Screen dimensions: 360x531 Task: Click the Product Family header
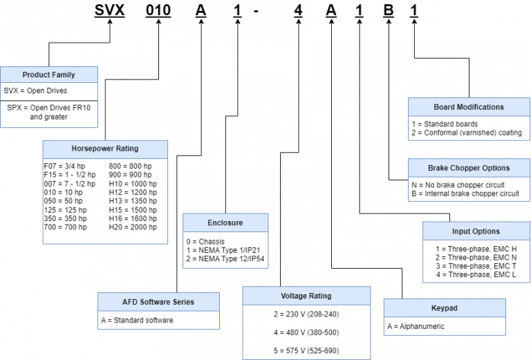(48, 75)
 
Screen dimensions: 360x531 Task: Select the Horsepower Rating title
(105, 149)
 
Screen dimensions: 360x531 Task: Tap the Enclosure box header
(225, 222)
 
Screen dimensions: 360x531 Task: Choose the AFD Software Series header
(158, 302)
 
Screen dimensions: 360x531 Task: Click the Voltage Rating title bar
(306, 296)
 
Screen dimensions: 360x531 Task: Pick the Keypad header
(445, 308)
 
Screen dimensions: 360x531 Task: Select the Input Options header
(476, 231)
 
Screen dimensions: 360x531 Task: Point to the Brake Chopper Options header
(469, 168)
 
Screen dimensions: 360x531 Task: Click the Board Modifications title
(469, 107)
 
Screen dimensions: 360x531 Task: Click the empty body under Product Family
(48, 105)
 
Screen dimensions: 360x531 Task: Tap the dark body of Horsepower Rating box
(105, 201)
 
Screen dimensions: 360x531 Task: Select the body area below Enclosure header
(225, 249)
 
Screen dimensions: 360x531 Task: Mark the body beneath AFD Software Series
(158, 320)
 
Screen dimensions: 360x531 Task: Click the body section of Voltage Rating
(306, 332)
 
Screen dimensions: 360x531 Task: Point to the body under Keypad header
(445, 326)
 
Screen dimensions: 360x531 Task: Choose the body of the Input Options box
(476, 261)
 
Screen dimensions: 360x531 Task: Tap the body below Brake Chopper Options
(469, 189)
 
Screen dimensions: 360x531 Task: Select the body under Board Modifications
(469, 128)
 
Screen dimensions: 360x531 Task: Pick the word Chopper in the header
(470, 168)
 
